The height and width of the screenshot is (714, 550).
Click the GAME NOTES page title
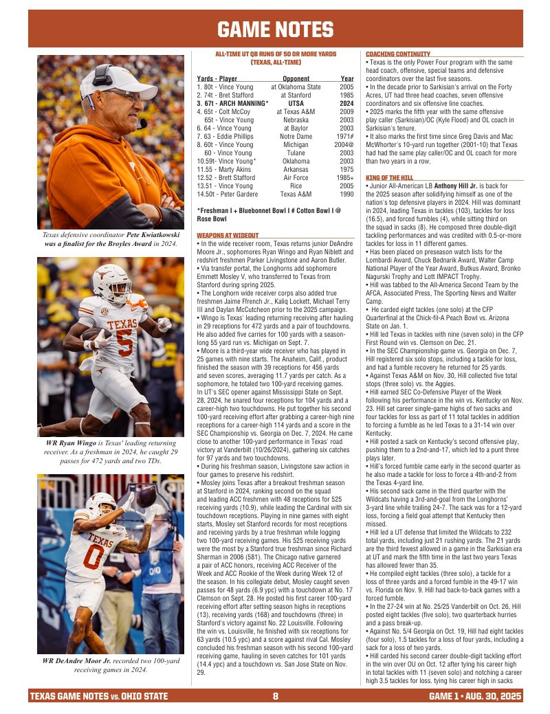[275, 30]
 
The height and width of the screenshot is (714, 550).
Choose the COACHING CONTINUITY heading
[398, 54]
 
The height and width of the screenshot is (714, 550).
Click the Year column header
[346, 79]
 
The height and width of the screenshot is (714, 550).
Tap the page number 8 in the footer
[275, 696]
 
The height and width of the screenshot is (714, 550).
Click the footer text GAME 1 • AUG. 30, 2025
[474, 696]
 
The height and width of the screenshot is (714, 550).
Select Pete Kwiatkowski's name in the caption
[156, 234]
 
